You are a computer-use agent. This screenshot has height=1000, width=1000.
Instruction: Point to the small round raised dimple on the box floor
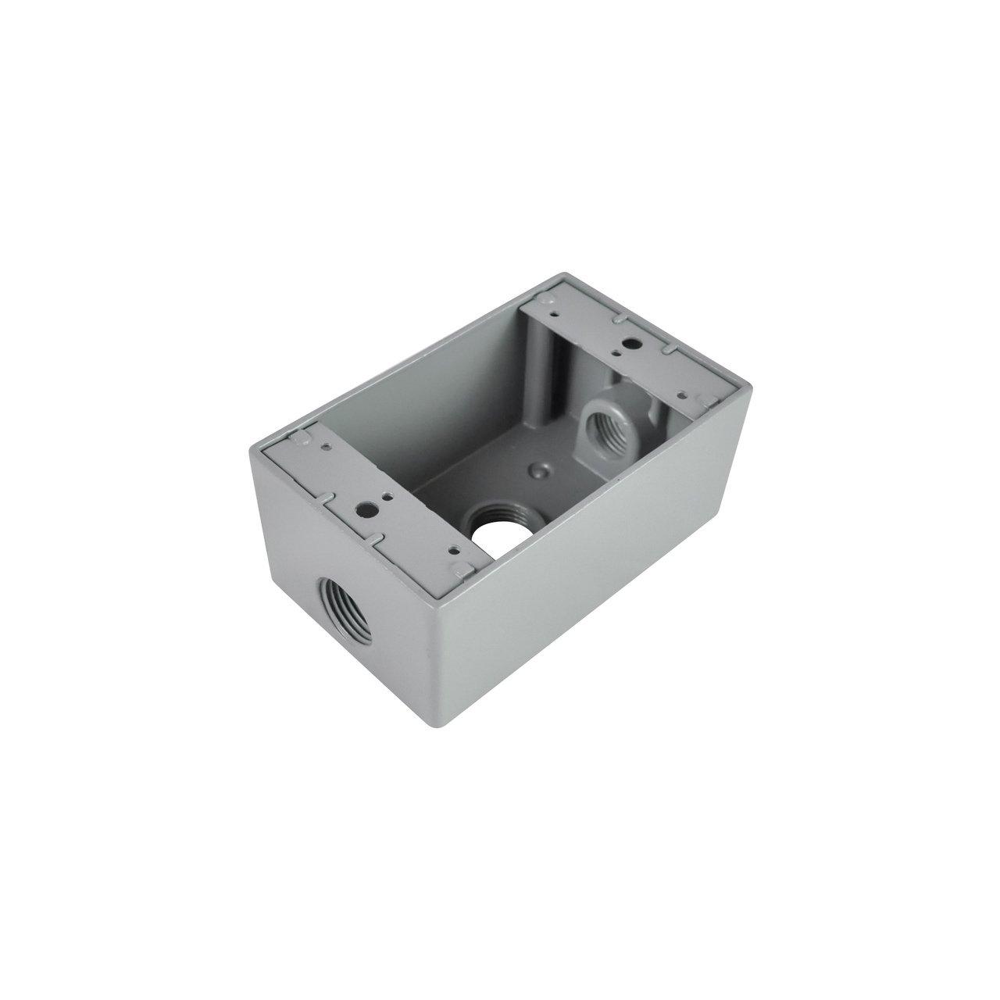tap(537, 471)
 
